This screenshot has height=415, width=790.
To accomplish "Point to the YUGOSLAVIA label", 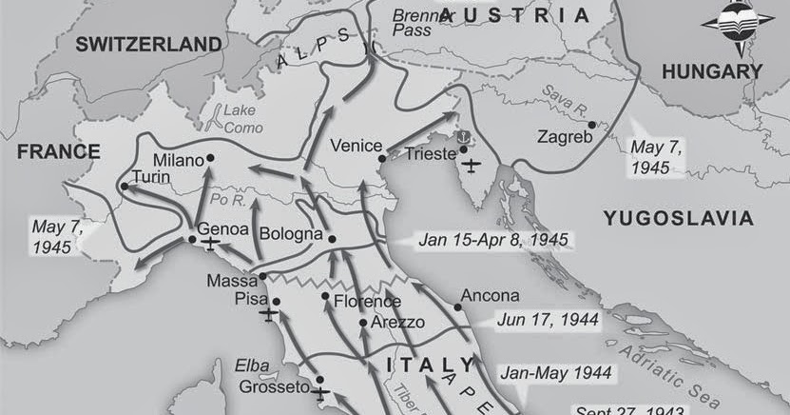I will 679,219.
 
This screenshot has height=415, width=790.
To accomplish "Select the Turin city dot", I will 125,187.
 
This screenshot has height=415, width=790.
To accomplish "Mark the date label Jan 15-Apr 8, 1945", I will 493,239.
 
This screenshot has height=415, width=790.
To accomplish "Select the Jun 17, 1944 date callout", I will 553,320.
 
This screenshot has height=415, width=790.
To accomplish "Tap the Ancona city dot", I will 457,306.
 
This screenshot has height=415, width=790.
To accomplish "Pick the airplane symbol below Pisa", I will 269,313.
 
